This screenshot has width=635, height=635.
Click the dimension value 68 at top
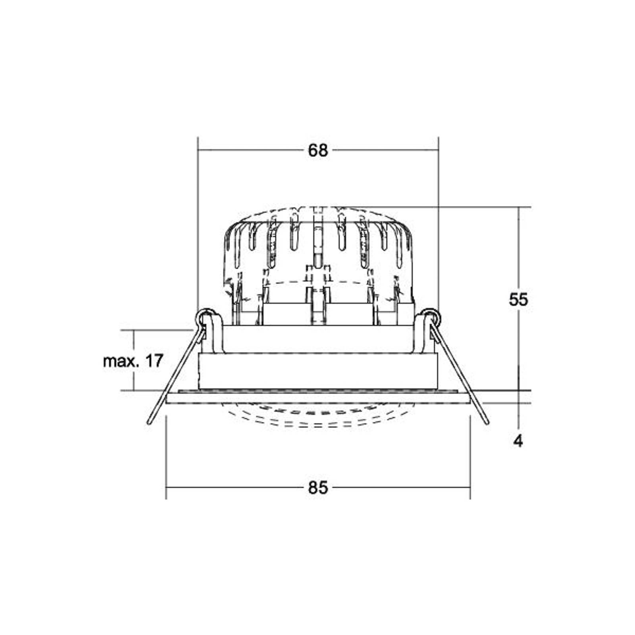(318, 150)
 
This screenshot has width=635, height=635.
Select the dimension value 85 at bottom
(318, 488)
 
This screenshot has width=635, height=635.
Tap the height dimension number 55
(518, 300)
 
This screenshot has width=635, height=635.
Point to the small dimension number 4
(518, 441)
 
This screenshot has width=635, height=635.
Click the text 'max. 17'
(133, 361)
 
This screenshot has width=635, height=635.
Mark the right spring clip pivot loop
(431, 317)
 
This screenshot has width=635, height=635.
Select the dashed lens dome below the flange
(317, 417)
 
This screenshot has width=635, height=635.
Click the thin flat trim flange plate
(317, 398)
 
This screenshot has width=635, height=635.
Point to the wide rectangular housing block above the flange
(317, 371)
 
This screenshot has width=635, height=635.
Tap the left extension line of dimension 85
(166, 456)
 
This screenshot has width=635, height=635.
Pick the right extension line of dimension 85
(470, 456)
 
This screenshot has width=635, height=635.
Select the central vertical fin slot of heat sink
(317, 242)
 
